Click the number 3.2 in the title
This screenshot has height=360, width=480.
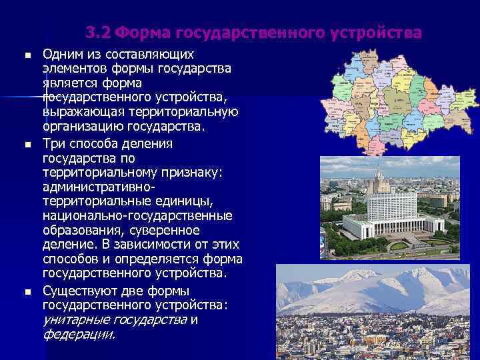click(x=99, y=33)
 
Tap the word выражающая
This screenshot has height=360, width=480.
click(x=77, y=112)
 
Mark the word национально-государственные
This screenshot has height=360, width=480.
click(x=137, y=216)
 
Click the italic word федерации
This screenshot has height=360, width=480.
click(x=78, y=334)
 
